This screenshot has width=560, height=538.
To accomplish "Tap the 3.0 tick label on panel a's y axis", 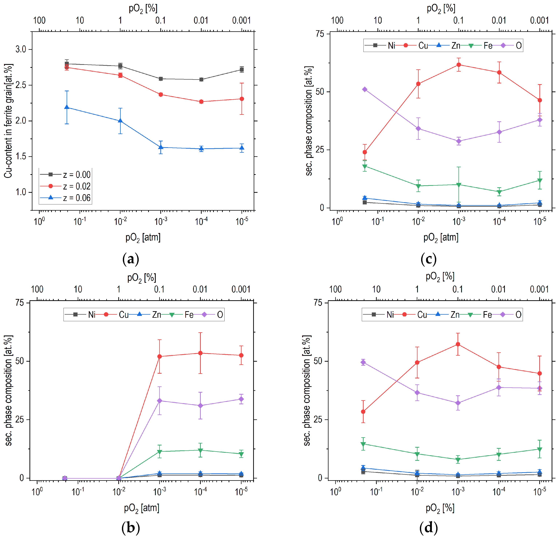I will click(21, 49).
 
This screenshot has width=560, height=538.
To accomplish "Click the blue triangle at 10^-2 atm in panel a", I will click(120, 121).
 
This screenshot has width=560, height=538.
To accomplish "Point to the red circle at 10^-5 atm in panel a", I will click(242, 99).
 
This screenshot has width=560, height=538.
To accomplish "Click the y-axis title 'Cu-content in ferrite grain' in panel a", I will click(9, 121).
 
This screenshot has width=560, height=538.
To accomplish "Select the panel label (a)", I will click(130, 259).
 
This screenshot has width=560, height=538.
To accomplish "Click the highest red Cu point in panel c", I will click(459, 65).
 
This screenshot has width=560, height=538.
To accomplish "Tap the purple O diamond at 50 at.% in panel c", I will click(365, 89).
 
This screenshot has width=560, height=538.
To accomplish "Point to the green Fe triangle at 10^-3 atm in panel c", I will click(459, 185).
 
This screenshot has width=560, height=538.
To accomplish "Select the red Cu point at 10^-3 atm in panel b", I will click(160, 356).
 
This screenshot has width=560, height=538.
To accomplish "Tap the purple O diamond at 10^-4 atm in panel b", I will click(201, 406).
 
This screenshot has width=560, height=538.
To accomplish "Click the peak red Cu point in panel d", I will click(458, 344).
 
